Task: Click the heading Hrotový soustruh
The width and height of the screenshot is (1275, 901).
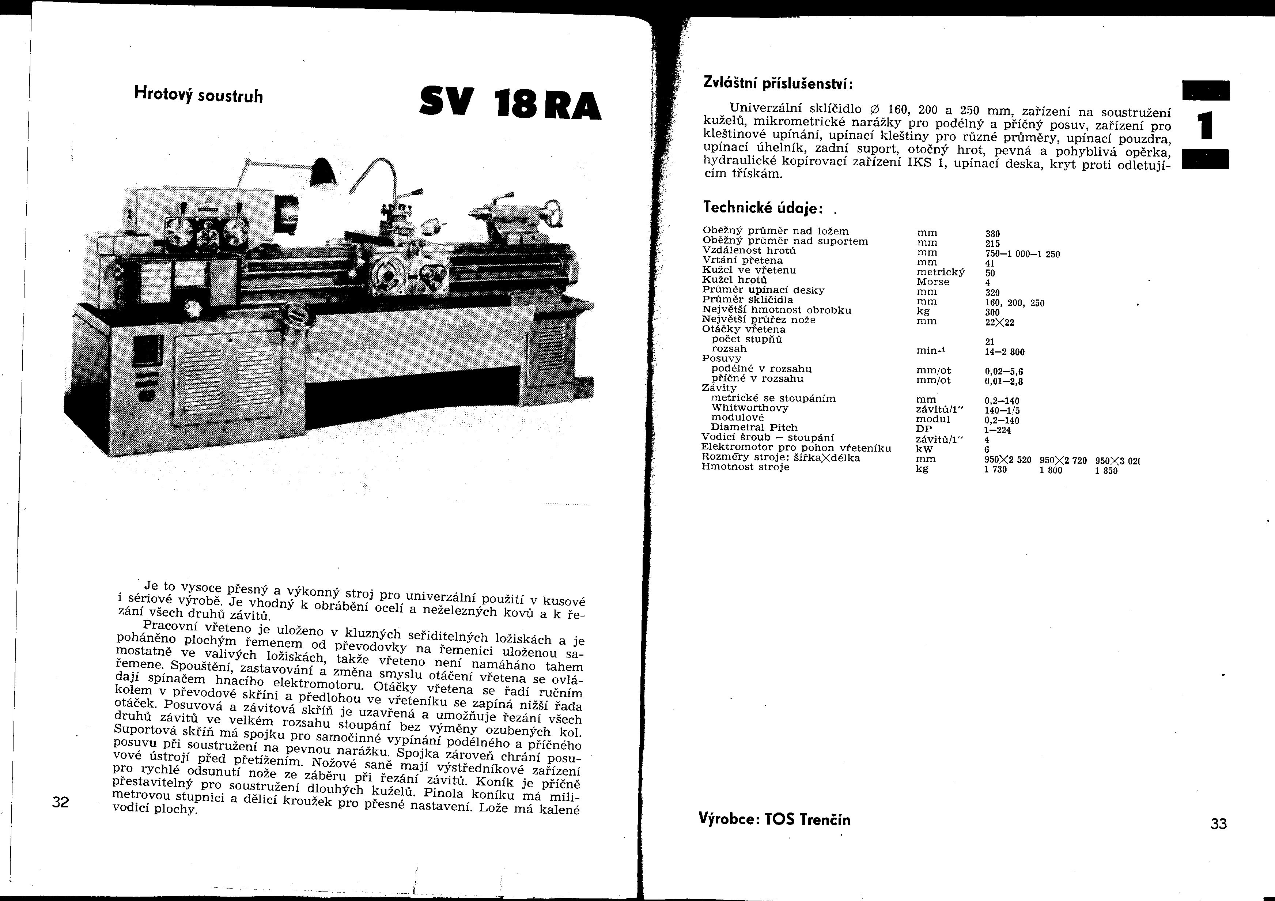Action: (198, 94)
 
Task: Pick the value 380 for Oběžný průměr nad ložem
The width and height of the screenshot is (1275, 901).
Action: (993, 234)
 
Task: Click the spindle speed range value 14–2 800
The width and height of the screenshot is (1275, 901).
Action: (1005, 352)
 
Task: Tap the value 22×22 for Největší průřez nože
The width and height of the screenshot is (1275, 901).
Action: (999, 322)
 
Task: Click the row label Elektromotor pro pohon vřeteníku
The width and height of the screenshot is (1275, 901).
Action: (796, 448)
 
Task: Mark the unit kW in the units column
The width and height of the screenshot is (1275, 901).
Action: (924, 449)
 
